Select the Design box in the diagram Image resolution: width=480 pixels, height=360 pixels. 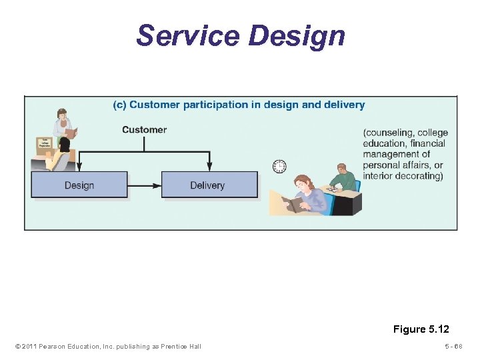pos(79,185)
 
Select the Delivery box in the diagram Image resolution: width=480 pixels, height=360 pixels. pos(209,185)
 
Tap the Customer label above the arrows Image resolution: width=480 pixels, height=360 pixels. pos(144,130)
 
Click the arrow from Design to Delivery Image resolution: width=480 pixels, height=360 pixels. pos(144,185)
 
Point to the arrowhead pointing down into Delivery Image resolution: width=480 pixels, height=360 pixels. pos(209,167)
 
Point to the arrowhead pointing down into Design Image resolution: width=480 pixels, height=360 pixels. pos(79,167)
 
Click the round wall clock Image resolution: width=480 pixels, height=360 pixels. pos(279,166)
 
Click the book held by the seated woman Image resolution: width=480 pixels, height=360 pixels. pos(291,203)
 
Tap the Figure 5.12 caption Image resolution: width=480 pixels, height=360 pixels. pos(421,329)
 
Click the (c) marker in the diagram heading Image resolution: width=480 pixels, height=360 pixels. pos(119,105)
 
